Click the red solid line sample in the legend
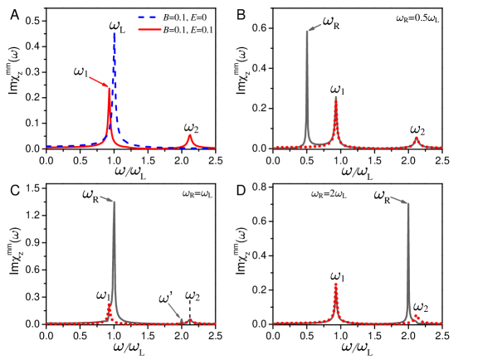click(149, 29)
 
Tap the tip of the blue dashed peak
click(114, 34)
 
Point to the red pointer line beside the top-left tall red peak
click(99, 81)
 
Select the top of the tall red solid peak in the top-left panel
click(109, 88)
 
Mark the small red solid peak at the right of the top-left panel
click(190, 135)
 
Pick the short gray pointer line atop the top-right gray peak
click(315, 27)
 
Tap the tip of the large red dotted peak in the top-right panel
click(335, 98)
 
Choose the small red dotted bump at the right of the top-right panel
click(416, 139)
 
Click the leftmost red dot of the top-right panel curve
click(275, 148)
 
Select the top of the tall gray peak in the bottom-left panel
click(114, 201)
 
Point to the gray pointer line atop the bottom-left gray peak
click(107, 198)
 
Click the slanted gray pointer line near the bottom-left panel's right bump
click(175, 311)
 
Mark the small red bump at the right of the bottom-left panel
click(189, 319)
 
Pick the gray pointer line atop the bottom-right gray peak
click(398, 199)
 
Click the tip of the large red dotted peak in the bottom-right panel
click(335, 284)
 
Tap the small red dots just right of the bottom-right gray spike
click(416, 317)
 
